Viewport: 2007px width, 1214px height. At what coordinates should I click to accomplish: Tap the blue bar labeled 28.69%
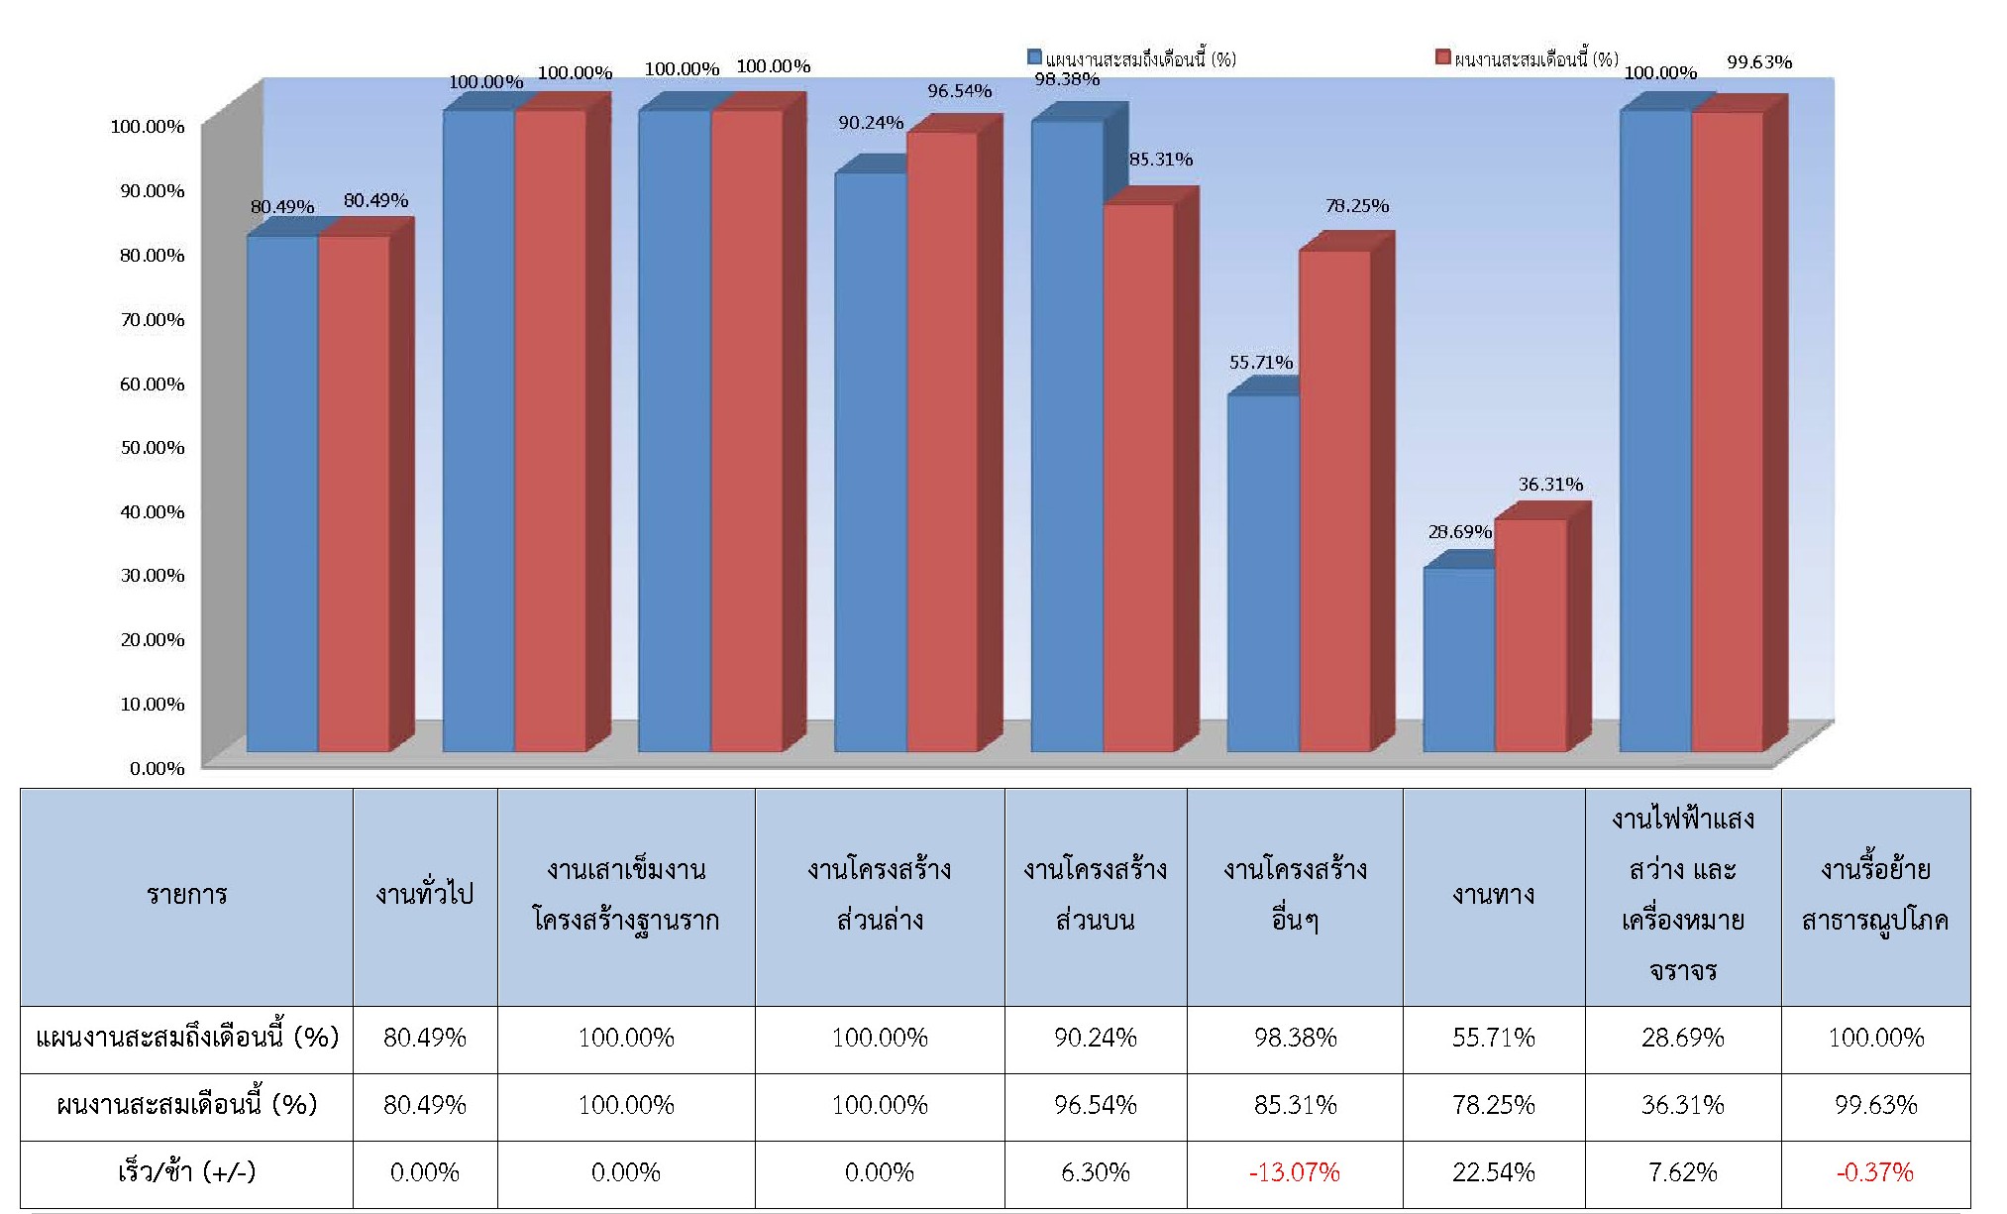pyautogui.click(x=1458, y=659)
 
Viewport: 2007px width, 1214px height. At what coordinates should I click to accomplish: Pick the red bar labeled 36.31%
pyautogui.click(x=1531, y=635)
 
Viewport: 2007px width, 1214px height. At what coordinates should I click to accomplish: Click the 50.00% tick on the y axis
pyautogui.click(x=153, y=448)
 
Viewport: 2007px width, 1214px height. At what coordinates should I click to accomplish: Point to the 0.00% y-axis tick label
pyautogui.click(x=158, y=769)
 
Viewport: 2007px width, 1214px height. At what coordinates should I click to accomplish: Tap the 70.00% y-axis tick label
pyautogui.click(x=153, y=320)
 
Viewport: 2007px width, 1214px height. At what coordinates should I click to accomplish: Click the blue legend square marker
pyautogui.click(x=1035, y=57)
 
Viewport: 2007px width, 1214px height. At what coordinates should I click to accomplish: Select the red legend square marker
pyautogui.click(x=1443, y=57)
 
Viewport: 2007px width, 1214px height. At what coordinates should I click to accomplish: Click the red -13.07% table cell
pyautogui.click(x=1294, y=1173)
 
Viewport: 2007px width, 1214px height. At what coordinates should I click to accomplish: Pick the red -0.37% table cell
pyautogui.click(x=1874, y=1173)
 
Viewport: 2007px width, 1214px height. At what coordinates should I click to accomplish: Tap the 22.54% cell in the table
pyautogui.click(x=1493, y=1173)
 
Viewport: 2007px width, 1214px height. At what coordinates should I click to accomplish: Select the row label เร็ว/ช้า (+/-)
pyautogui.click(x=186, y=1173)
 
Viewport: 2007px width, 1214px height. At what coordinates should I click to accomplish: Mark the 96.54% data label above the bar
pyautogui.click(x=959, y=91)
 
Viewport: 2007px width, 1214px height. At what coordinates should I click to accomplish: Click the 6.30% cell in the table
pyautogui.click(x=1095, y=1173)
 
